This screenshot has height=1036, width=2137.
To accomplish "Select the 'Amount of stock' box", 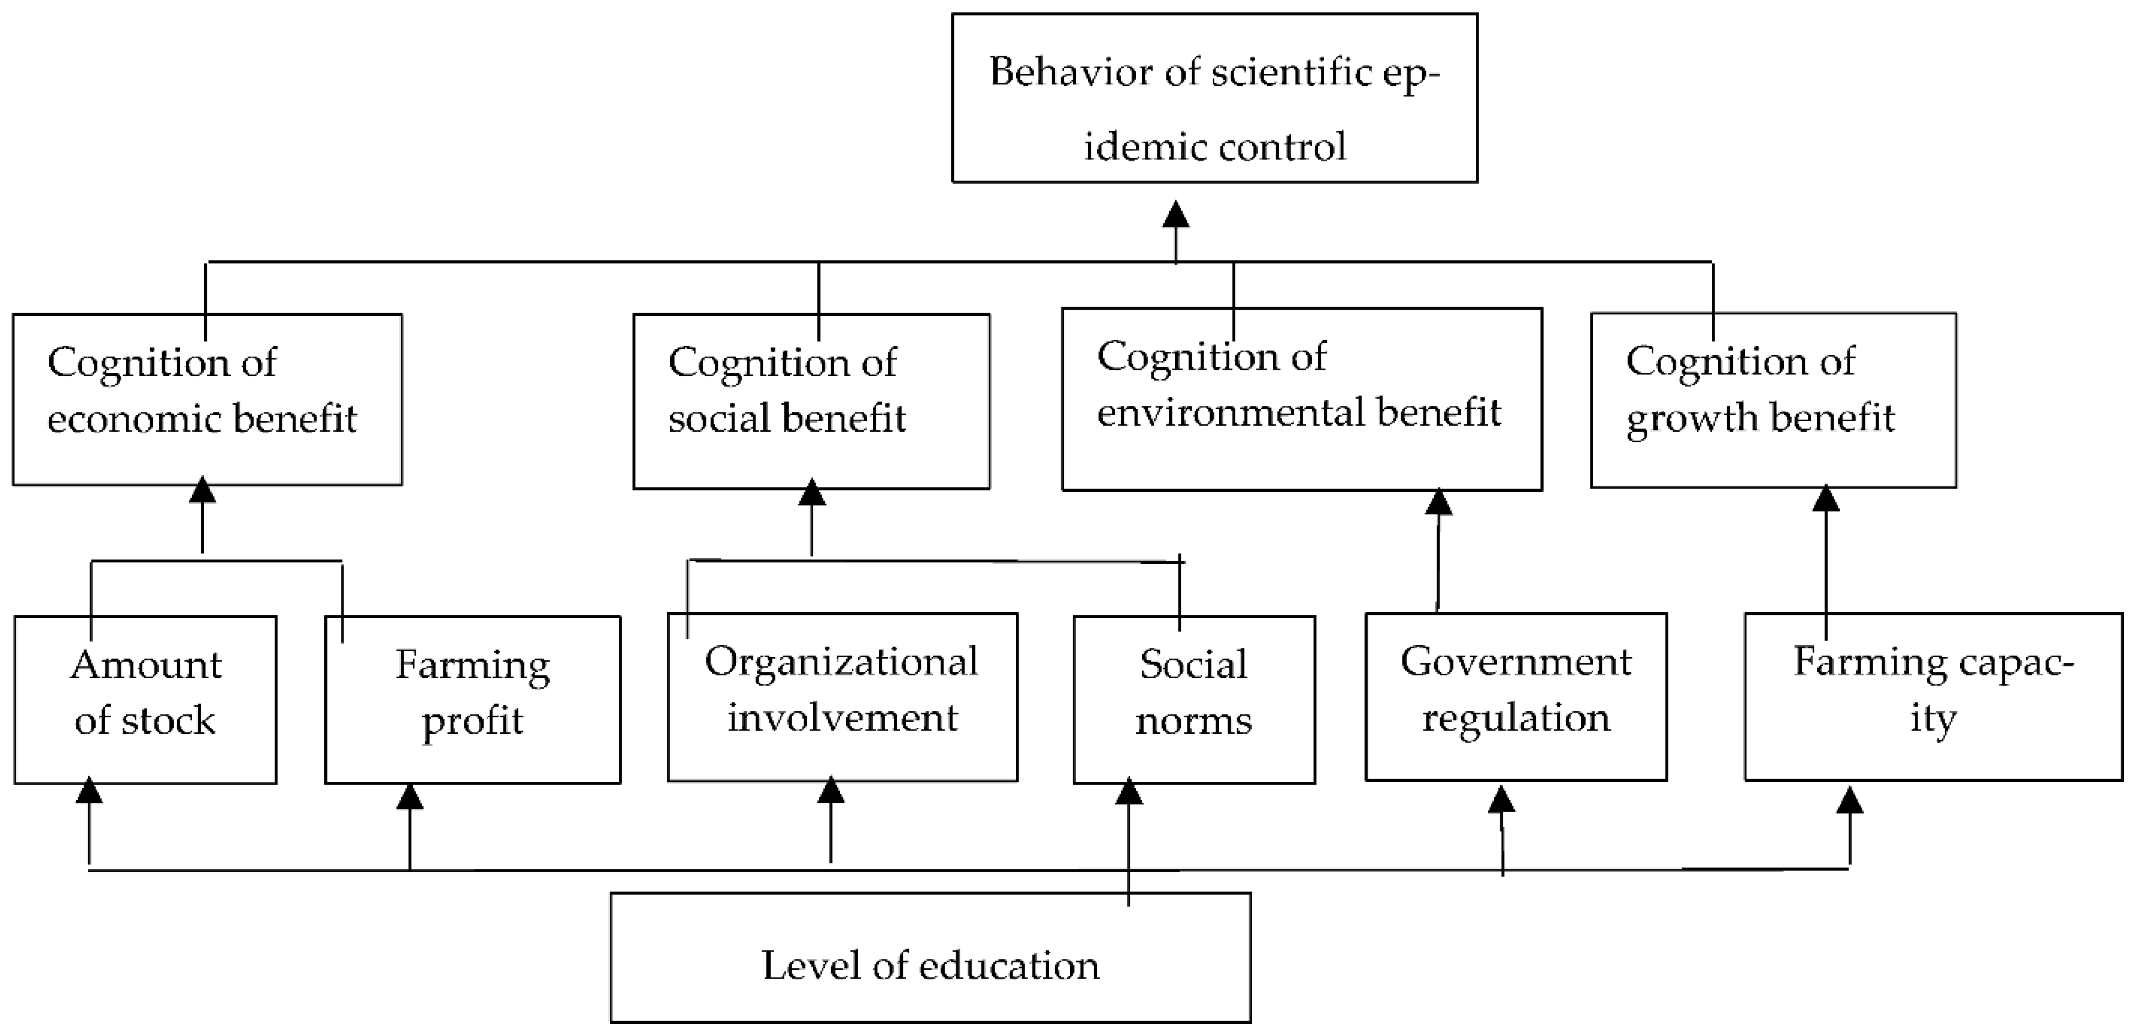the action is (145, 699).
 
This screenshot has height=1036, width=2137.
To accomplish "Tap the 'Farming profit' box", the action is (472, 699).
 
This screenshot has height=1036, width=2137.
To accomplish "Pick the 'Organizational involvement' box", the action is (842, 697).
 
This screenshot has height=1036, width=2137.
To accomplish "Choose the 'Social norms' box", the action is (1194, 699).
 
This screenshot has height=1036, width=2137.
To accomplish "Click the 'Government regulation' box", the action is (1515, 697).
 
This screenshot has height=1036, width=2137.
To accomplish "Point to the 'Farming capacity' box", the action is (1933, 697).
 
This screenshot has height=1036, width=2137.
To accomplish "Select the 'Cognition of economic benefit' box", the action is (207, 399).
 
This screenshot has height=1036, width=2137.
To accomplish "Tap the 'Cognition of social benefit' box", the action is (811, 401).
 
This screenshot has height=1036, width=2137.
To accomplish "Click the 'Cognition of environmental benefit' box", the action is (1302, 399).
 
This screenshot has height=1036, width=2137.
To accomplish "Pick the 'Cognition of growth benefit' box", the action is (1773, 400).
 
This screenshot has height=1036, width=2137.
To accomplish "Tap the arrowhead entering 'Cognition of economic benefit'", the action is (202, 490).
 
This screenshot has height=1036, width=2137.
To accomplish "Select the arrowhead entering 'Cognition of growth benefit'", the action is (1826, 498).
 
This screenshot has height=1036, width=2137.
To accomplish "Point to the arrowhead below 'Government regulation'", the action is (1502, 799).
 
